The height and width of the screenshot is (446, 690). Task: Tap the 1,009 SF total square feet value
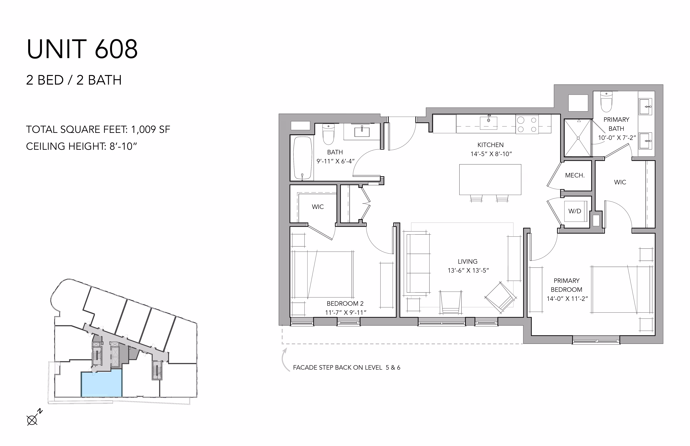(150, 129)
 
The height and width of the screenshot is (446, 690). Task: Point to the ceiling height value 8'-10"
(123, 146)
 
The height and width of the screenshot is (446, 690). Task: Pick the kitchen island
(490, 180)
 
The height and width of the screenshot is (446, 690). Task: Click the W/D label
(575, 211)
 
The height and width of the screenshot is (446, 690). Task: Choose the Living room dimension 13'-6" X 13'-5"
(468, 270)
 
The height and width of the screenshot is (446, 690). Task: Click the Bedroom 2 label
(345, 304)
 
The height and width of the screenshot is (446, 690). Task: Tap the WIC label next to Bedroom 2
(318, 207)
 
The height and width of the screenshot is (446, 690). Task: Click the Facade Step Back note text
(347, 367)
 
